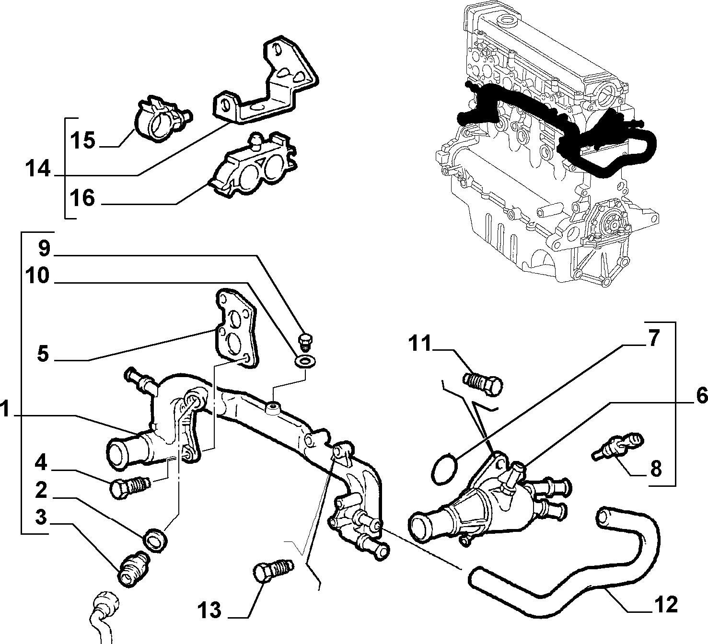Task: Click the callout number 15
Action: [x=82, y=140]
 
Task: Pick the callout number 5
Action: [x=43, y=354]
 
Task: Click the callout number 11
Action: [x=420, y=344]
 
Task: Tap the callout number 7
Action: [x=653, y=339]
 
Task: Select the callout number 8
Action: [x=656, y=469]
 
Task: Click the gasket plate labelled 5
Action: [x=235, y=329]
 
